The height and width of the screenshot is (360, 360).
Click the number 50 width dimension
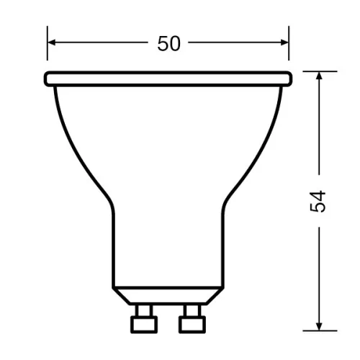168,43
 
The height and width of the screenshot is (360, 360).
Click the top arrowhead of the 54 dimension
319,77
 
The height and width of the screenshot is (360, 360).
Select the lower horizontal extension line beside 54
320,329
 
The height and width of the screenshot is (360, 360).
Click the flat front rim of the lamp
168,77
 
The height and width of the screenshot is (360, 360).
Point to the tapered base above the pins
168,295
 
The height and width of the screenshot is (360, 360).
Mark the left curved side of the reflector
76,144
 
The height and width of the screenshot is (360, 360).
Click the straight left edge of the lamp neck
114,245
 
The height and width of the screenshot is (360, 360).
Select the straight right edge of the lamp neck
222,245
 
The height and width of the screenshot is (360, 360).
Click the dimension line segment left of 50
101,43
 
